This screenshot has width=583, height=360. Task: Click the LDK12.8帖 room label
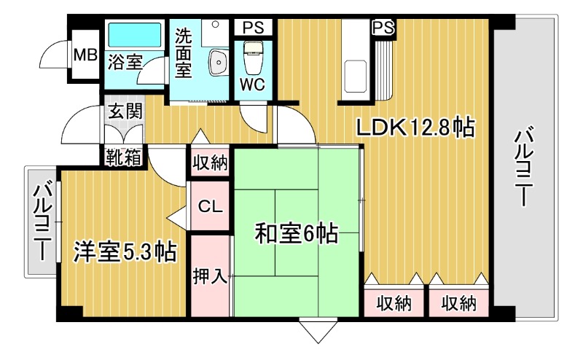click(416, 128)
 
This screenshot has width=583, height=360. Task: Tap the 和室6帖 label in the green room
click(296, 235)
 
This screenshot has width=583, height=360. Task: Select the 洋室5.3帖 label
click(125, 252)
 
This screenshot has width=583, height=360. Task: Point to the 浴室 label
click(125, 63)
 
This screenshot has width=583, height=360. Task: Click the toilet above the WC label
click(253, 57)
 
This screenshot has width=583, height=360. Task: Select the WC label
click(253, 84)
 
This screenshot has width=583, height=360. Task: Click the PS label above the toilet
click(254, 28)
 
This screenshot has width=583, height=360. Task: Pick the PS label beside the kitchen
click(383, 28)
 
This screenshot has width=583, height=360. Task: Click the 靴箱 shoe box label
click(123, 156)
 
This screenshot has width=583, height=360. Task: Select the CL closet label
click(211, 207)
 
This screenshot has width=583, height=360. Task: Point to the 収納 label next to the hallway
click(211, 162)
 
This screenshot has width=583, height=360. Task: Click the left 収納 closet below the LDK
click(394, 301)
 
